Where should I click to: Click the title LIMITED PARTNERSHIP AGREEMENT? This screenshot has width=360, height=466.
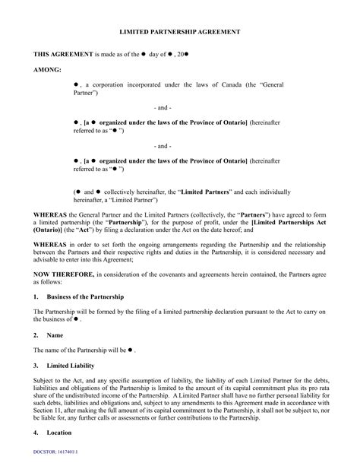click(x=180, y=33)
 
